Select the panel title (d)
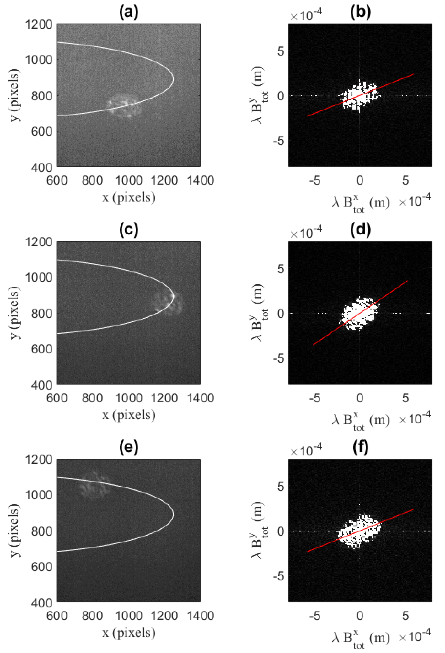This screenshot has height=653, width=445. point(360,230)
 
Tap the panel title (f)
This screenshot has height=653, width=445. point(360,448)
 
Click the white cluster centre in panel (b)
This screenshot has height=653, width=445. point(359,96)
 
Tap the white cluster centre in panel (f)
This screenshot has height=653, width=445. point(359,531)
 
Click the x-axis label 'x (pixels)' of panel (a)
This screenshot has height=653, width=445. point(129,197)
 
